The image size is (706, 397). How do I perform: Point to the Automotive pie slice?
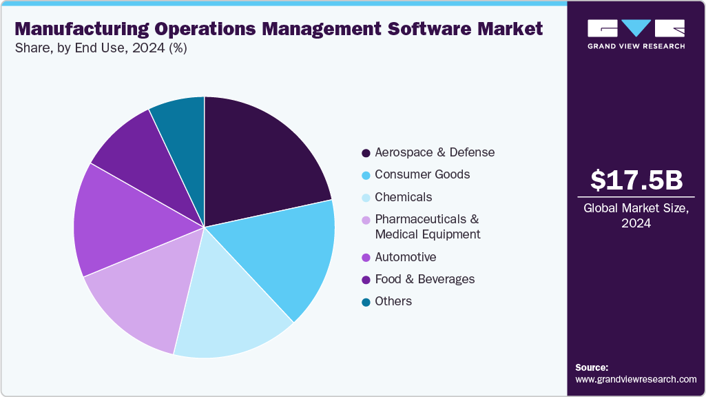click(117, 221)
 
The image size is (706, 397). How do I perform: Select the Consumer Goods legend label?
click(422, 174)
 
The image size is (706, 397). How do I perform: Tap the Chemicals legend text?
click(403, 197)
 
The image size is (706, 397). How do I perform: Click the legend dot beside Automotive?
click(365, 257)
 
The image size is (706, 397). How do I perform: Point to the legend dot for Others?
click(365, 302)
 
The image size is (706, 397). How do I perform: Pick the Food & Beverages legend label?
click(424, 279)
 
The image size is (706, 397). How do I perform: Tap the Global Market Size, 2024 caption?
click(636, 216)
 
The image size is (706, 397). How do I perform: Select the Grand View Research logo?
click(636, 34)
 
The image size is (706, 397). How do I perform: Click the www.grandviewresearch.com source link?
click(636, 380)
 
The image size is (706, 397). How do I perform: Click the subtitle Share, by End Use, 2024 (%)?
click(101, 48)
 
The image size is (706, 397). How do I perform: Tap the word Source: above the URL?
click(592, 367)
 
